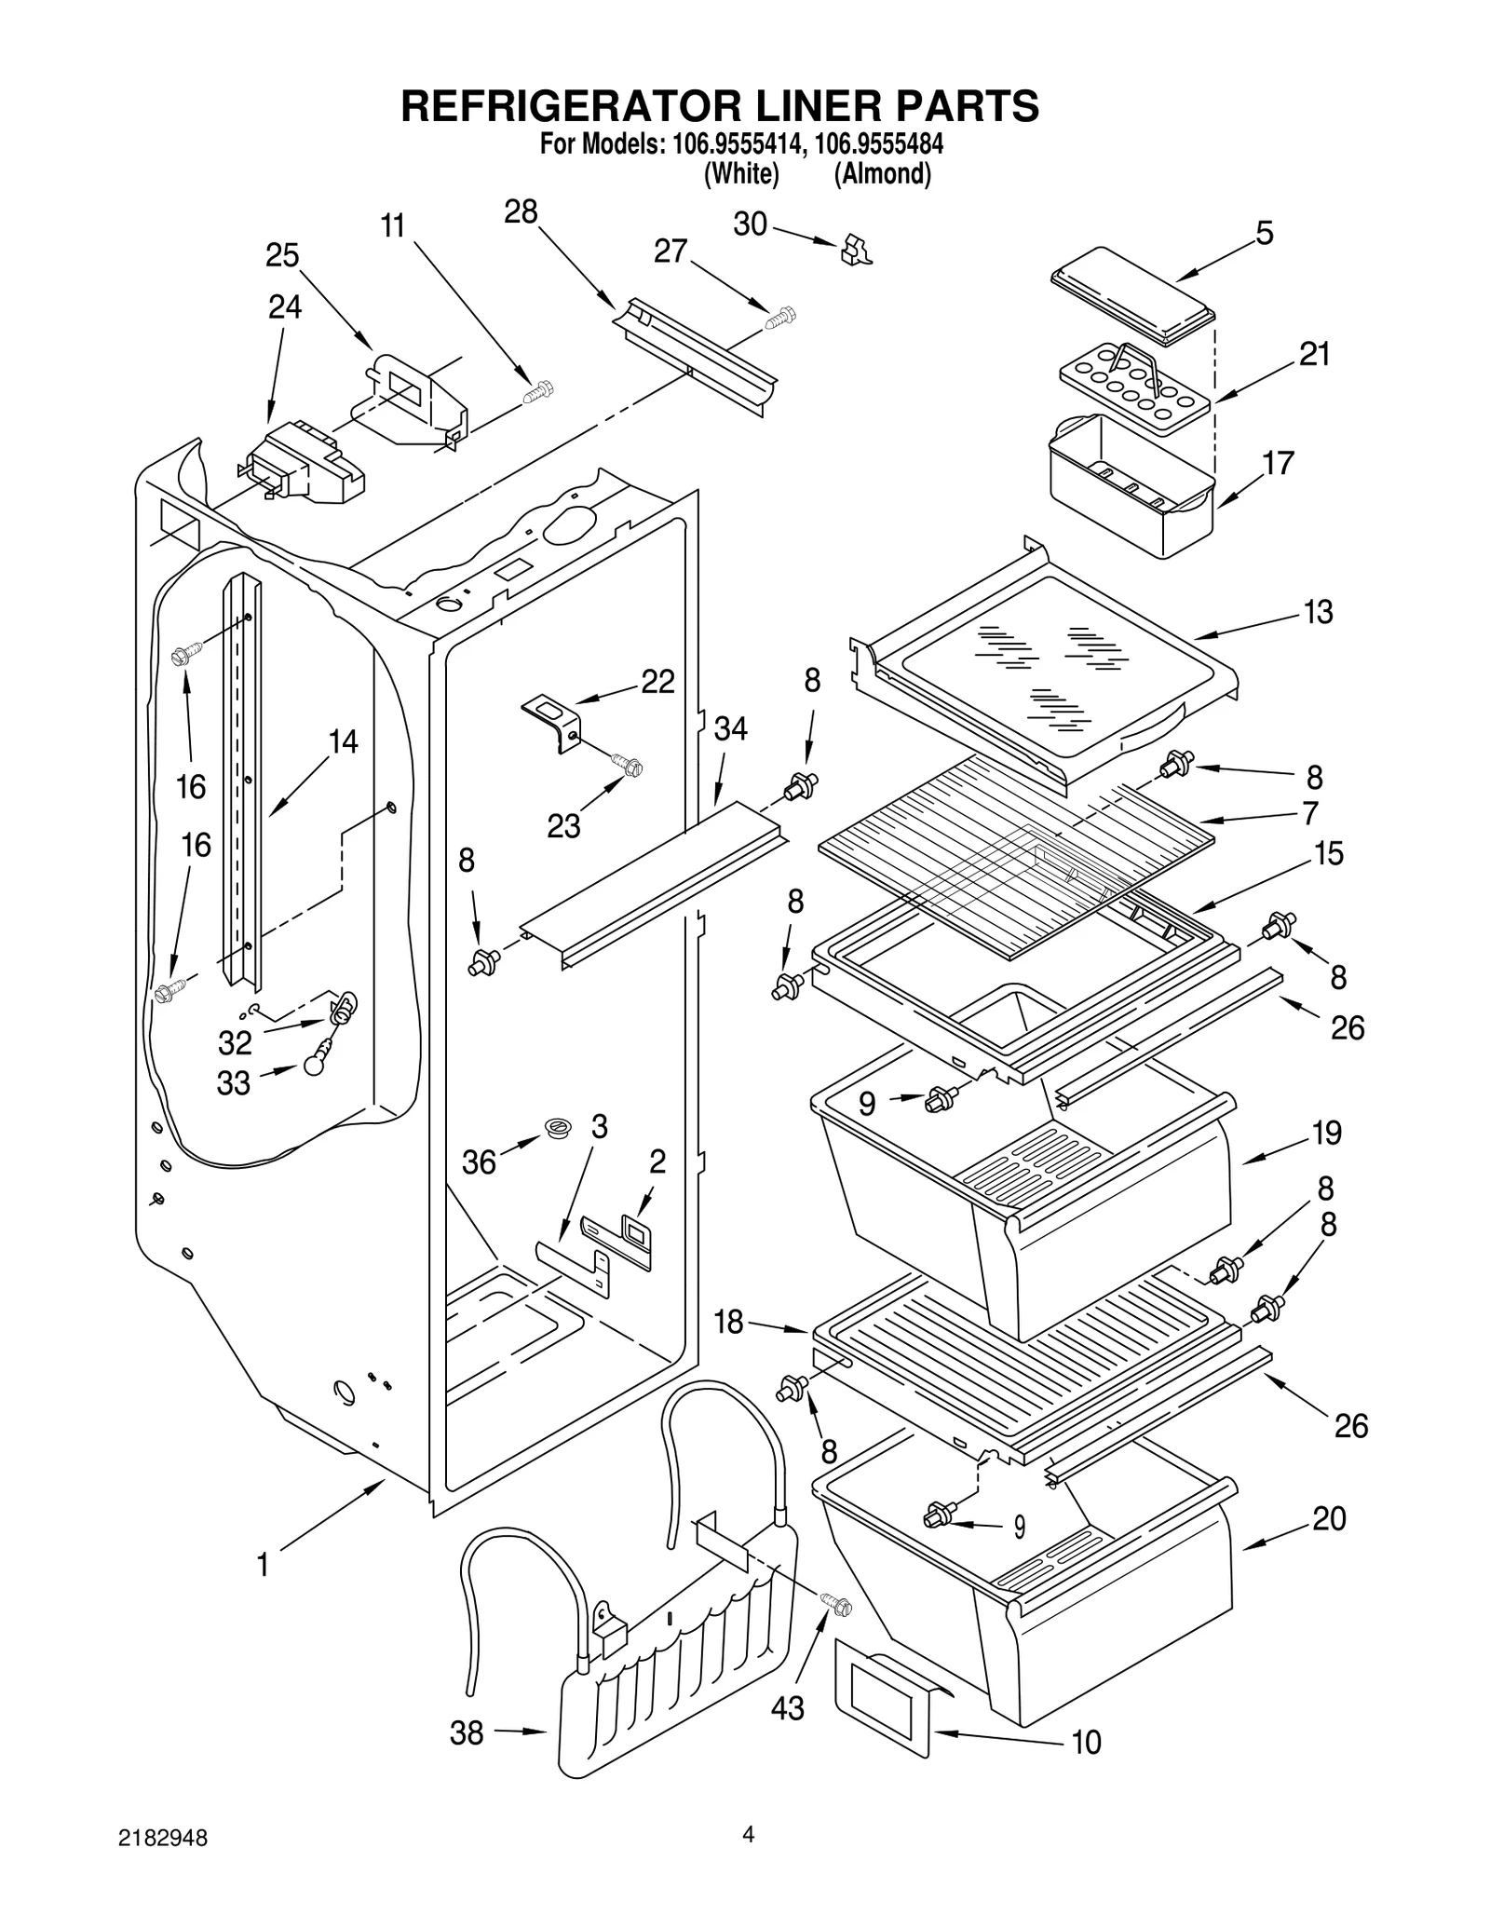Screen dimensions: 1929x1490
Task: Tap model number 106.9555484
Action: [880, 145]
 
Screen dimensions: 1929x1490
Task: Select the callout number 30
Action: [751, 224]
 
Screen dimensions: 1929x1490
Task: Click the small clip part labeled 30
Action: [856, 250]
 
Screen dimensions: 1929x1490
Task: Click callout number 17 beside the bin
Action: [1279, 463]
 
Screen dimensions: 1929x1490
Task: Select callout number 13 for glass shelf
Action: [1318, 612]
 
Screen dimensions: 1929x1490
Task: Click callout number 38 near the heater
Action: [467, 1732]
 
